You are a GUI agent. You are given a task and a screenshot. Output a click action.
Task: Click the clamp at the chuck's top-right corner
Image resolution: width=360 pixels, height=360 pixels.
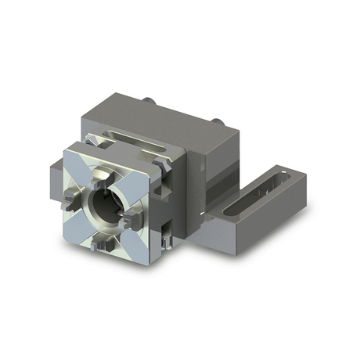click(x=161, y=167)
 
